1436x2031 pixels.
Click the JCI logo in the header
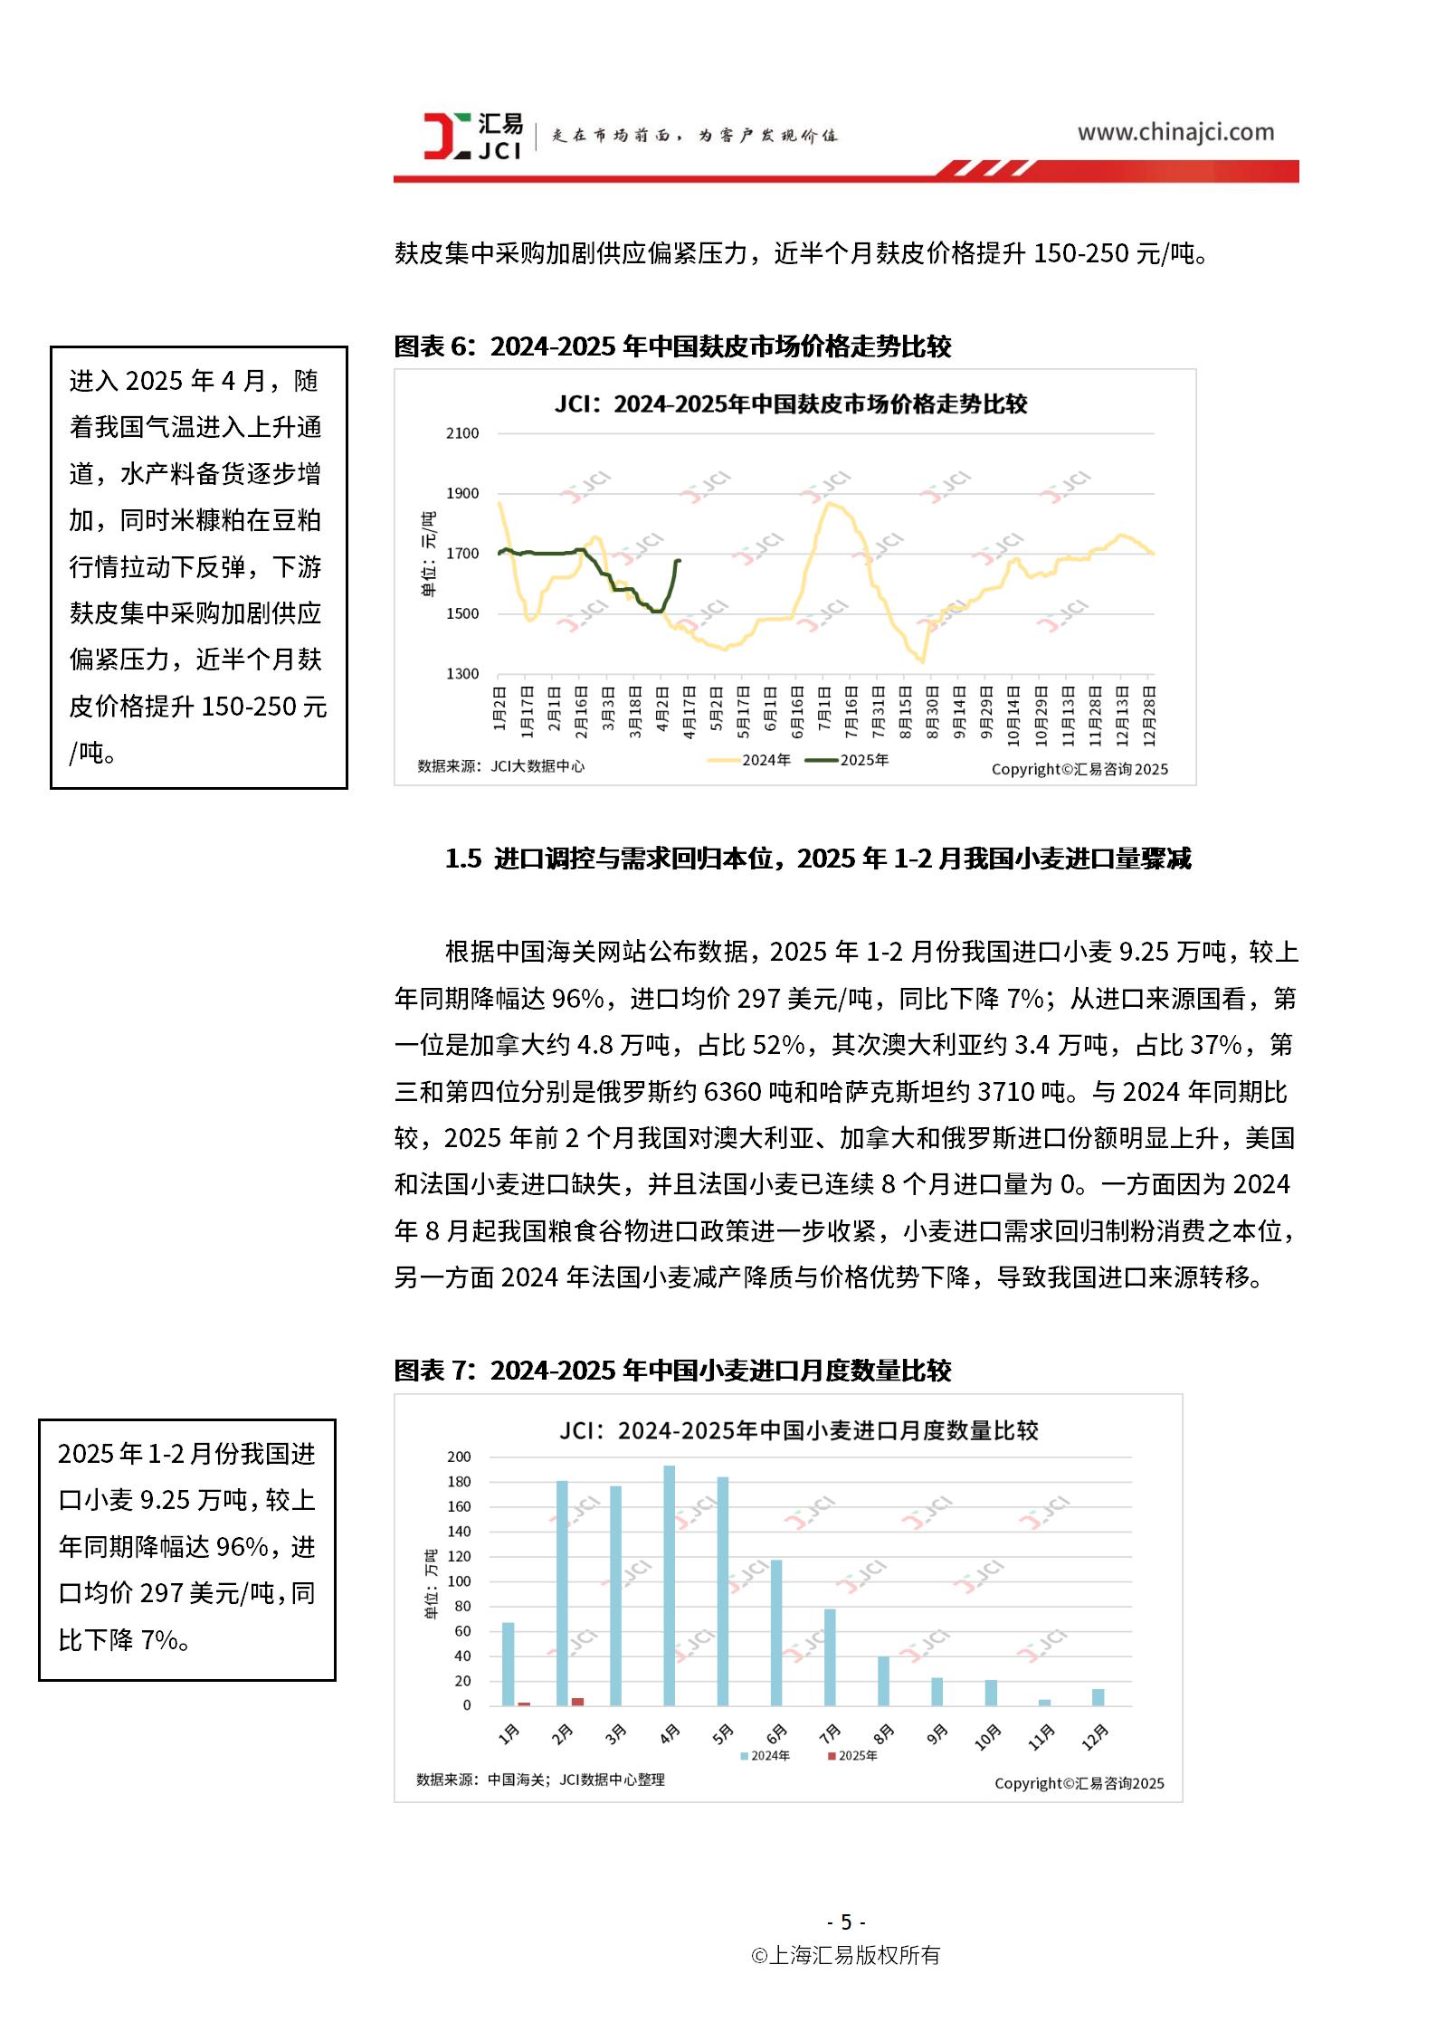tap(472, 136)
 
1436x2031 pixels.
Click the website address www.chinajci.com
tap(1174, 132)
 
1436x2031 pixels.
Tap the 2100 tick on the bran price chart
tap(462, 433)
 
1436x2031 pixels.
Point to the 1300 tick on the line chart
tap(462, 674)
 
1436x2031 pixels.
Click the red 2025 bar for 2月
tap(577, 1702)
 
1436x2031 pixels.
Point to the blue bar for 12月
tap(1098, 1697)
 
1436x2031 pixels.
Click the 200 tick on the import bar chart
tap(459, 1457)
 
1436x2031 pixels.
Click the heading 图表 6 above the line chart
tap(671, 346)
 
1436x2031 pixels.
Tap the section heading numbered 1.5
tap(817, 859)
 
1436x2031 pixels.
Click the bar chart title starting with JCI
tap(798, 1430)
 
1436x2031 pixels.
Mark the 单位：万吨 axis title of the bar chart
tap(432, 1583)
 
